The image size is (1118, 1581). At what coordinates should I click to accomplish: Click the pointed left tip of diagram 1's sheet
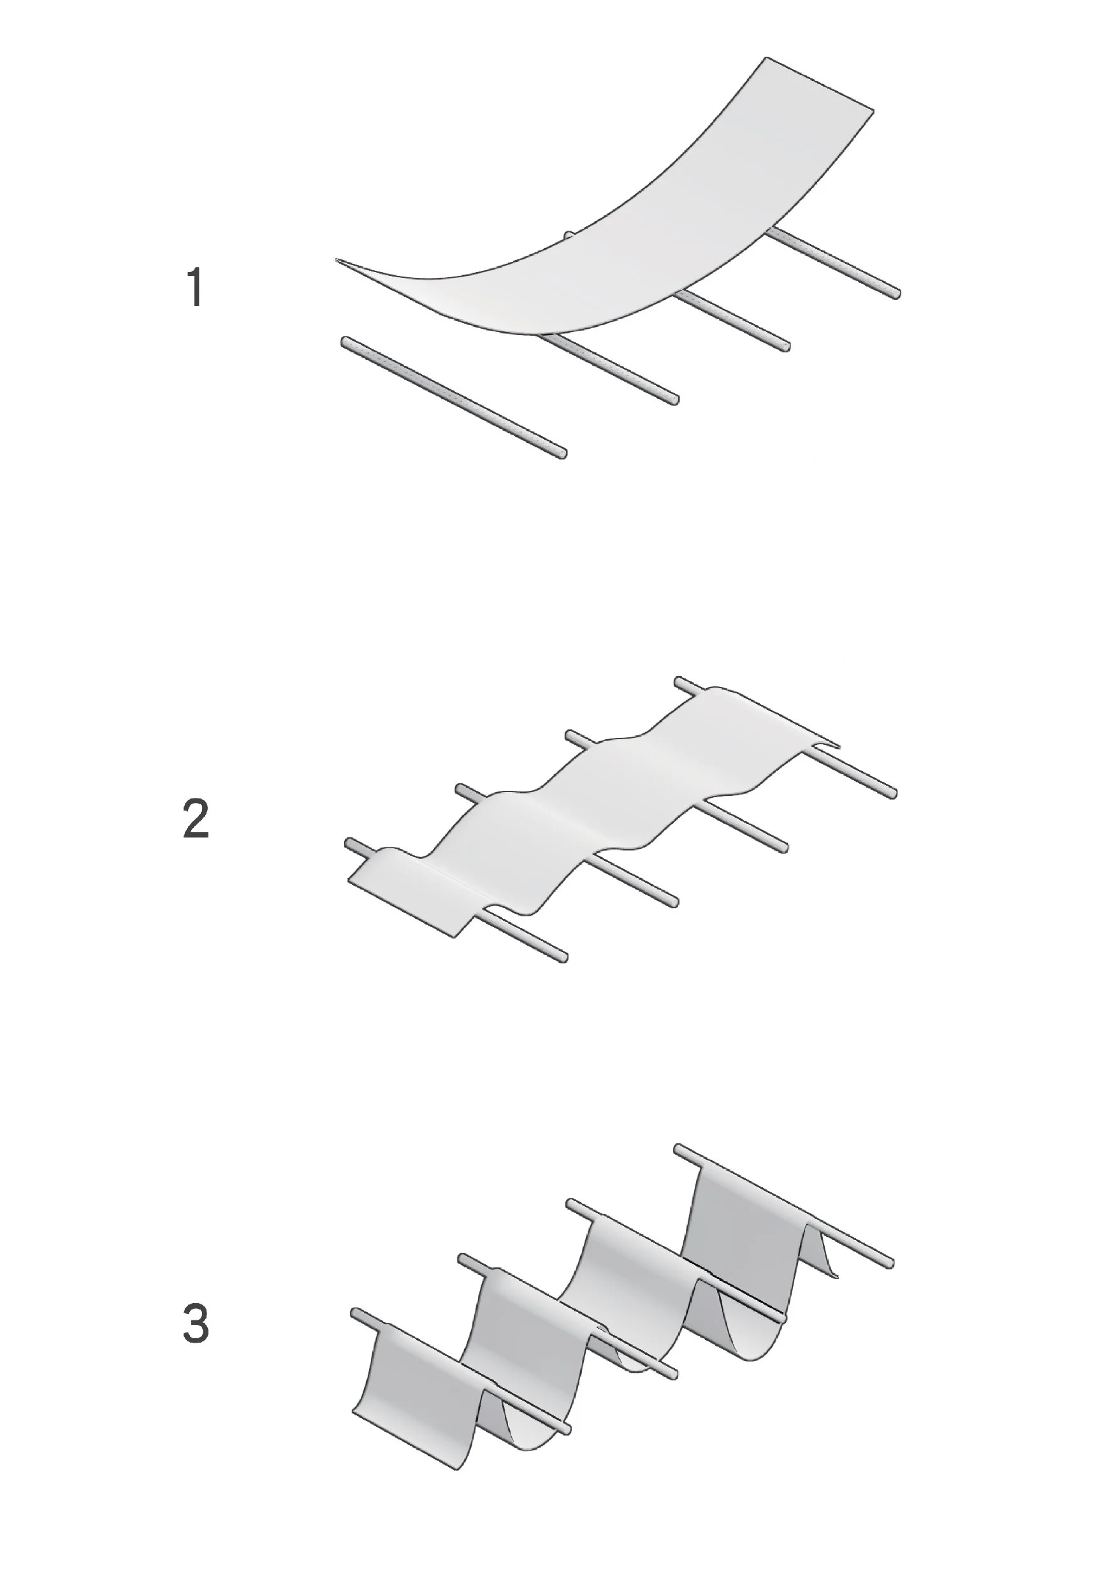pos(337,260)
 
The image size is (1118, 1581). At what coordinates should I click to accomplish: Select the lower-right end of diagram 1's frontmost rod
pos(563,454)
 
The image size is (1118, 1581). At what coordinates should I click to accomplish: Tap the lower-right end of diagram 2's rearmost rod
pos(894,794)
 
